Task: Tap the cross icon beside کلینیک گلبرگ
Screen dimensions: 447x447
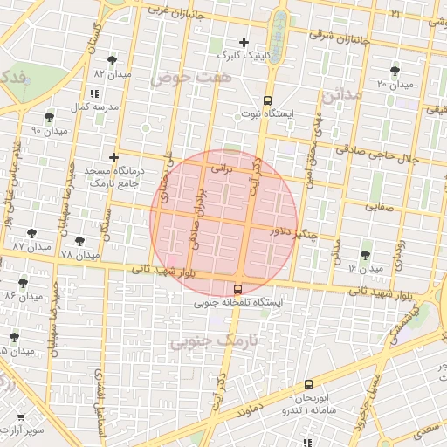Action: click(244, 42)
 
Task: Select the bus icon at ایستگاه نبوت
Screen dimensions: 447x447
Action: click(266, 100)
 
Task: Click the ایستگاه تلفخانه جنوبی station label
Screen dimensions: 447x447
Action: click(237, 302)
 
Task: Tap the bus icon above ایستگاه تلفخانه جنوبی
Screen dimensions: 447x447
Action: click(238, 288)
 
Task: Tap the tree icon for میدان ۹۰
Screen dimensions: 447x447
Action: click(49, 116)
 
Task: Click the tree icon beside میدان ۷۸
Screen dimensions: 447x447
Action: click(79, 240)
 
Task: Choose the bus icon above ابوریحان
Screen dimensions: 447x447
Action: click(308, 384)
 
